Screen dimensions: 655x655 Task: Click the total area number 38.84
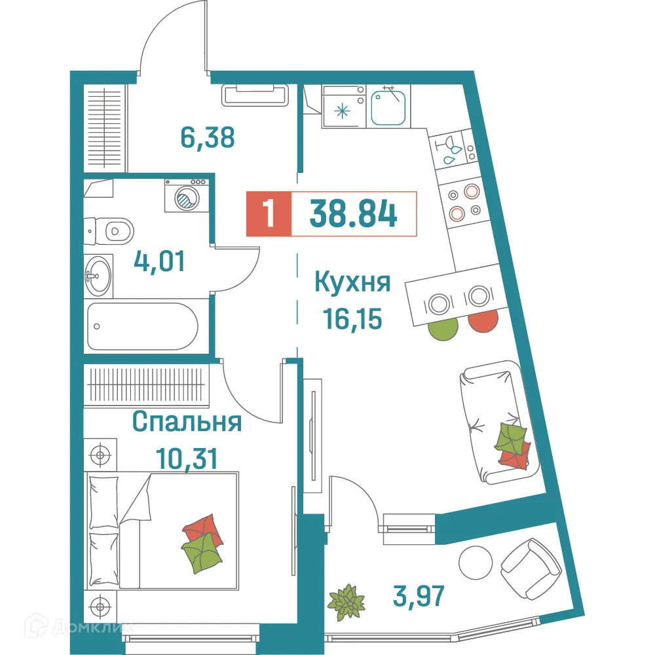pos(354,214)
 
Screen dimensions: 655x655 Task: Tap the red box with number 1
pos(268,214)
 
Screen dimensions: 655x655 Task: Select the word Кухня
pos(353,284)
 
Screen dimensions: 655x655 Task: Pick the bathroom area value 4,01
pos(160,262)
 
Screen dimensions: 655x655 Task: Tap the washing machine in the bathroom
pos(186,195)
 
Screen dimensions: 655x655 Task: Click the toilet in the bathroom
pos(113,231)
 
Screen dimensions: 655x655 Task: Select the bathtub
pos(142,326)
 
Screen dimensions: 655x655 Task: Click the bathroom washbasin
pos(98,275)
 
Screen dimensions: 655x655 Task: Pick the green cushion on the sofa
pos(511,436)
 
